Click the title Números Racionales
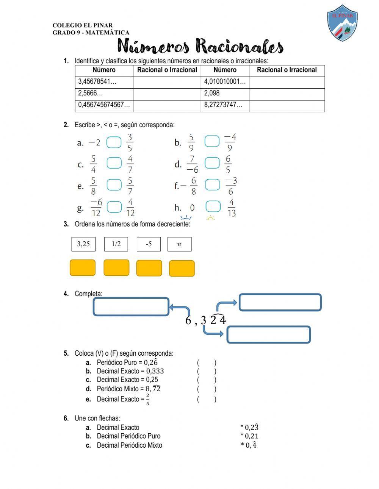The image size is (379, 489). click(x=200, y=47)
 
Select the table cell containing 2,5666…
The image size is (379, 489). click(x=104, y=94)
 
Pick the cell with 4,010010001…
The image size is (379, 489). click(x=225, y=82)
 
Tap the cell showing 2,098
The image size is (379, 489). click(x=225, y=94)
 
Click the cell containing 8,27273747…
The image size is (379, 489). click(x=225, y=105)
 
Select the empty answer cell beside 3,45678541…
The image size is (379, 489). click(x=167, y=82)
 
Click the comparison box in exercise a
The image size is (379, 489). click(x=114, y=142)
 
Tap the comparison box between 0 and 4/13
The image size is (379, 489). click(x=213, y=207)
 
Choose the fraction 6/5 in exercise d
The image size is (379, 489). click(x=228, y=164)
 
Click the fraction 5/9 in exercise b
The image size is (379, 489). click(x=191, y=142)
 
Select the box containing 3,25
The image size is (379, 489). click(x=83, y=244)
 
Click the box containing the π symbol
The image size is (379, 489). click(x=179, y=244)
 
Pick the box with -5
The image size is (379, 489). click(x=149, y=244)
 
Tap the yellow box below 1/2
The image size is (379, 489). click(x=116, y=268)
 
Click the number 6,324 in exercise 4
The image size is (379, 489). click(x=205, y=320)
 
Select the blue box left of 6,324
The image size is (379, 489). click(x=131, y=307)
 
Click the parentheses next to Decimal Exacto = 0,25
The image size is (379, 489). click(x=207, y=380)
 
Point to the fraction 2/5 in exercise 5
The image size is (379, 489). click(x=147, y=399)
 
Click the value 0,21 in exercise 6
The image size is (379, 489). click(x=251, y=436)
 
